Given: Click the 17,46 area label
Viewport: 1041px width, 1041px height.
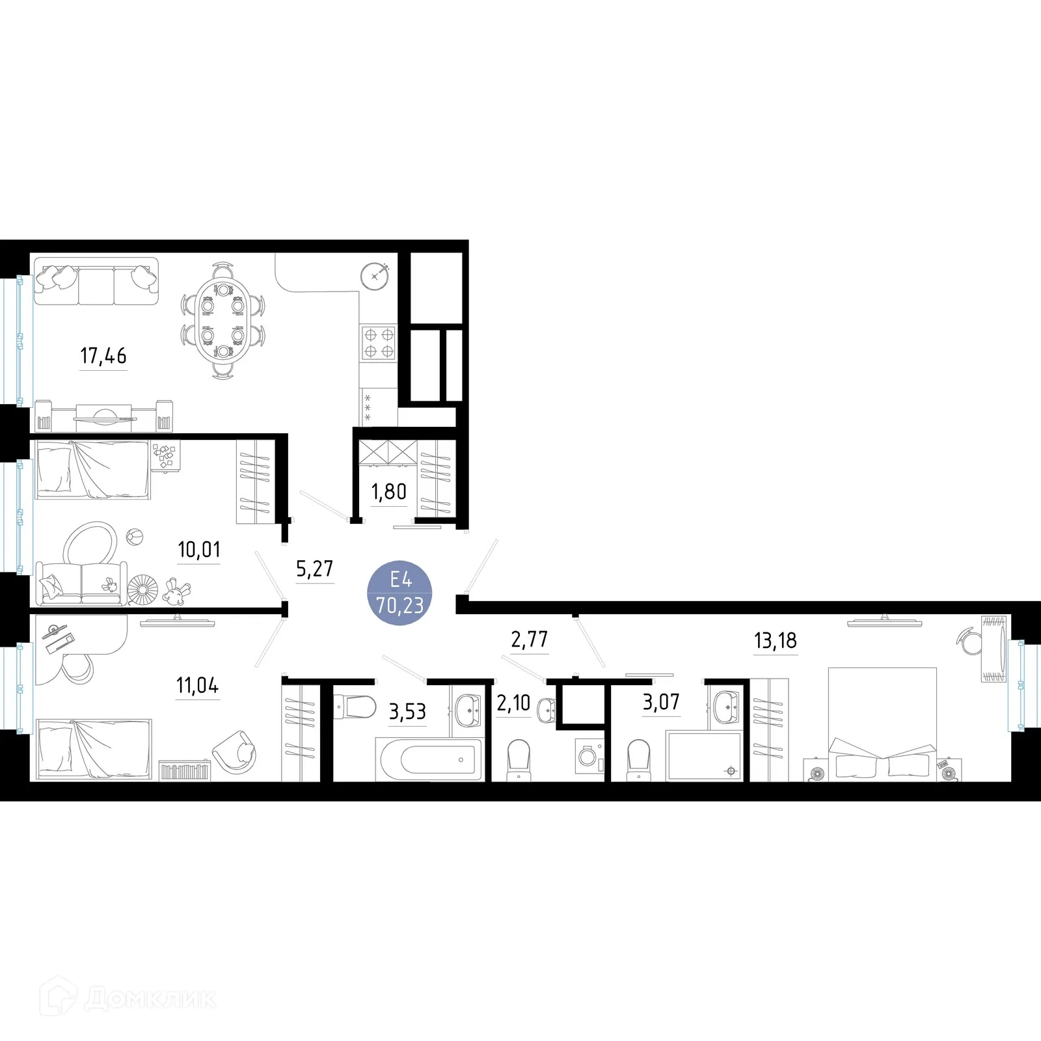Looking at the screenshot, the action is [x=103, y=356].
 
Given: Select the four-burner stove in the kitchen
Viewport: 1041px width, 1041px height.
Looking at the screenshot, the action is [x=379, y=343].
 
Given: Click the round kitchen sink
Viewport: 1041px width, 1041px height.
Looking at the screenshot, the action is [x=374, y=277].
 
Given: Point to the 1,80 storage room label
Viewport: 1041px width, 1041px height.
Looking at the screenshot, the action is [x=389, y=492].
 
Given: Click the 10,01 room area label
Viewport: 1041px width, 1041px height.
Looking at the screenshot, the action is [x=199, y=550].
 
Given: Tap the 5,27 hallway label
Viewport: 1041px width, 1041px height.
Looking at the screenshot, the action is [x=315, y=569].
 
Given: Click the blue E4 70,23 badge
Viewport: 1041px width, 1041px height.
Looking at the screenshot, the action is [x=400, y=593].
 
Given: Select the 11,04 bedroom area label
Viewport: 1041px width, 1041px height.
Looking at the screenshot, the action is [x=198, y=685].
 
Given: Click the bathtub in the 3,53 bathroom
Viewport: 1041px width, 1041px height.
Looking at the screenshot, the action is [x=429, y=759].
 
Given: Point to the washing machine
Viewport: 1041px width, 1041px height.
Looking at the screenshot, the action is [x=591, y=757].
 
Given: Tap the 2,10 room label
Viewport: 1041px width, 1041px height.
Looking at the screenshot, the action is [x=514, y=703].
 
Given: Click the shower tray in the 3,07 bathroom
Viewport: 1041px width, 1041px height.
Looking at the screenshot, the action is [x=704, y=755].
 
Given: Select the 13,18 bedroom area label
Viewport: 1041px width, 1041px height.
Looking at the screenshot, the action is [x=776, y=641].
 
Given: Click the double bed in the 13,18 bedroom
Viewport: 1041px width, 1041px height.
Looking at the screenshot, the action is [x=882, y=723].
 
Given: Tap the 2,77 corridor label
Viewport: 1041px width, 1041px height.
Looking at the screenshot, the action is [x=530, y=640].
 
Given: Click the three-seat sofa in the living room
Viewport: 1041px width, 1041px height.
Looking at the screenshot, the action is [x=96, y=281].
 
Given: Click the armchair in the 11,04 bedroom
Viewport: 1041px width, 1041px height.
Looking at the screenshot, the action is [x=235, y=752].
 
